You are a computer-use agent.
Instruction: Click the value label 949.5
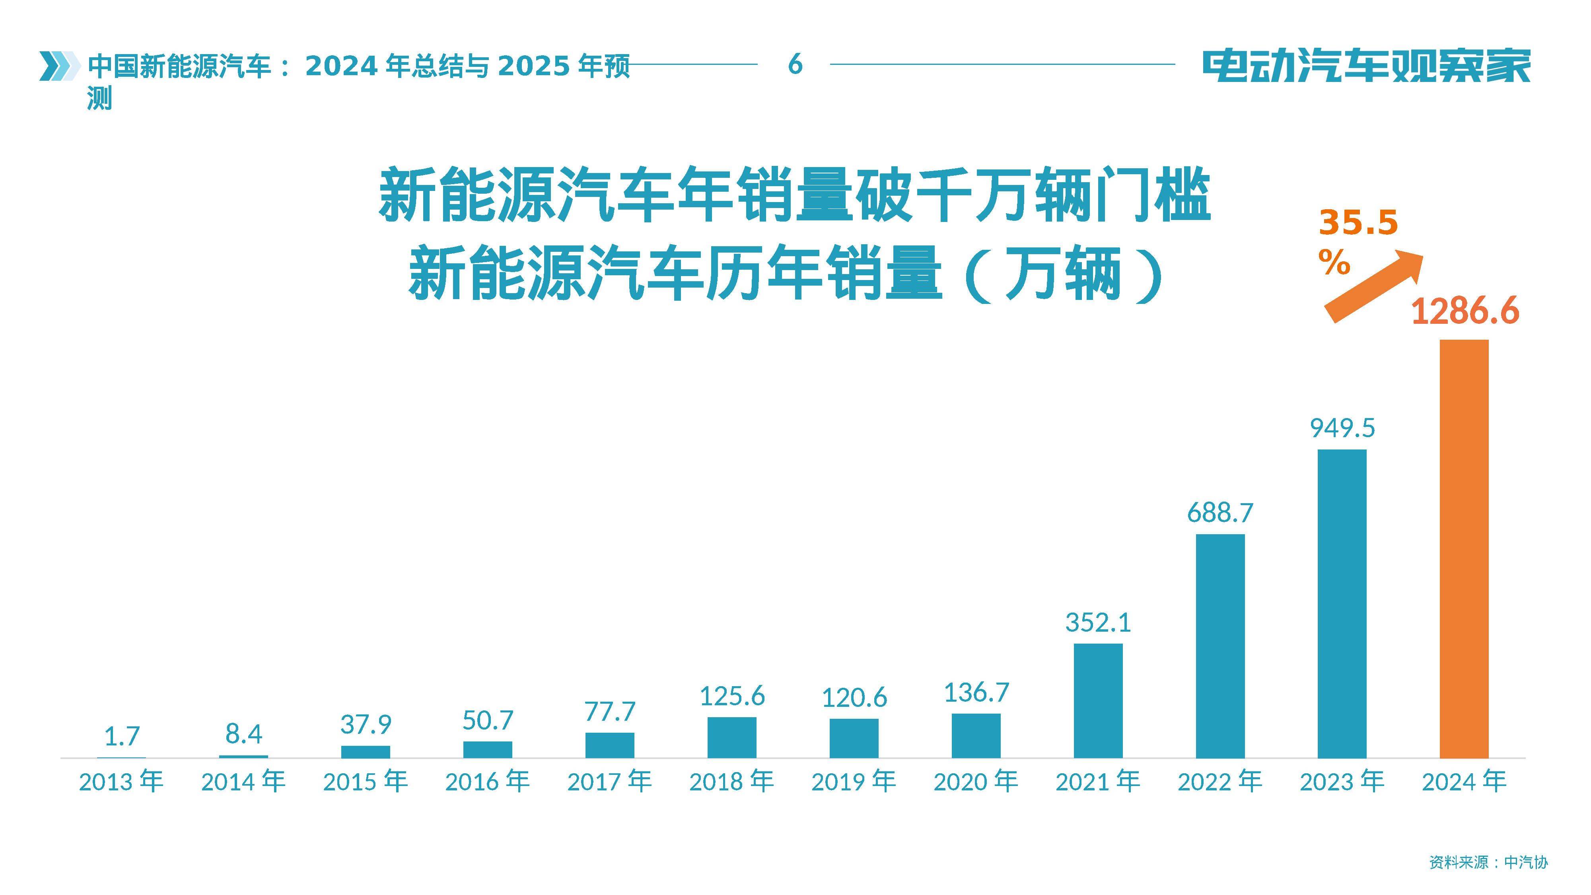pyautogui.click(x=1342, y=428)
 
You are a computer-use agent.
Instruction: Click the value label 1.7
pyautogui.click(x=122, y=735)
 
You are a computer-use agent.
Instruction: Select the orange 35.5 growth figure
pyautogui.click(x=1358, y=224)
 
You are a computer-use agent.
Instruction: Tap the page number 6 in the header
pyautogui.click(x=795, y=64)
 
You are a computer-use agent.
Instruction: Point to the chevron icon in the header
pyautogui.click(x=59, y=66)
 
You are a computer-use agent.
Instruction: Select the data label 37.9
pyautogui.click(x=366, y=724)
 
